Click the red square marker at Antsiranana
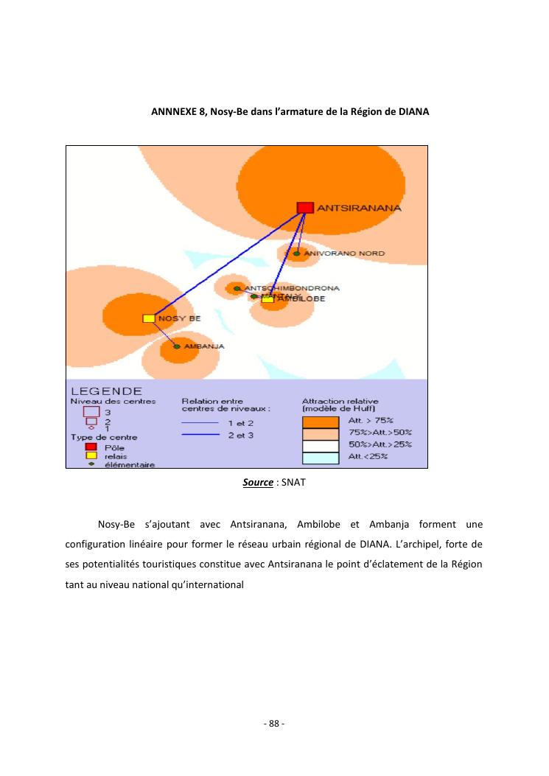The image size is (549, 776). coord(305,208)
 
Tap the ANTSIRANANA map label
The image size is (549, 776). coord(360,209)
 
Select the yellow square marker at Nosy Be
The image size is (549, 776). coord(148,318)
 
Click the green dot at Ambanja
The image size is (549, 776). coord(177,346)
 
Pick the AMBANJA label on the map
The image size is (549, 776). coord(204,346)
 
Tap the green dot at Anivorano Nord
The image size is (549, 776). coord(296,254)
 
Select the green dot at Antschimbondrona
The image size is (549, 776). coord(237,288)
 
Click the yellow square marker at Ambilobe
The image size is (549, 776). coord(267,299)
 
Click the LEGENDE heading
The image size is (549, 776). coord(106,391)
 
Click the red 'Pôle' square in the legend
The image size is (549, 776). coord(91,447)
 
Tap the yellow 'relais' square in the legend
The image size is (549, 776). coord(91,455)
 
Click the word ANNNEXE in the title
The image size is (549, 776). coord(174,111)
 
